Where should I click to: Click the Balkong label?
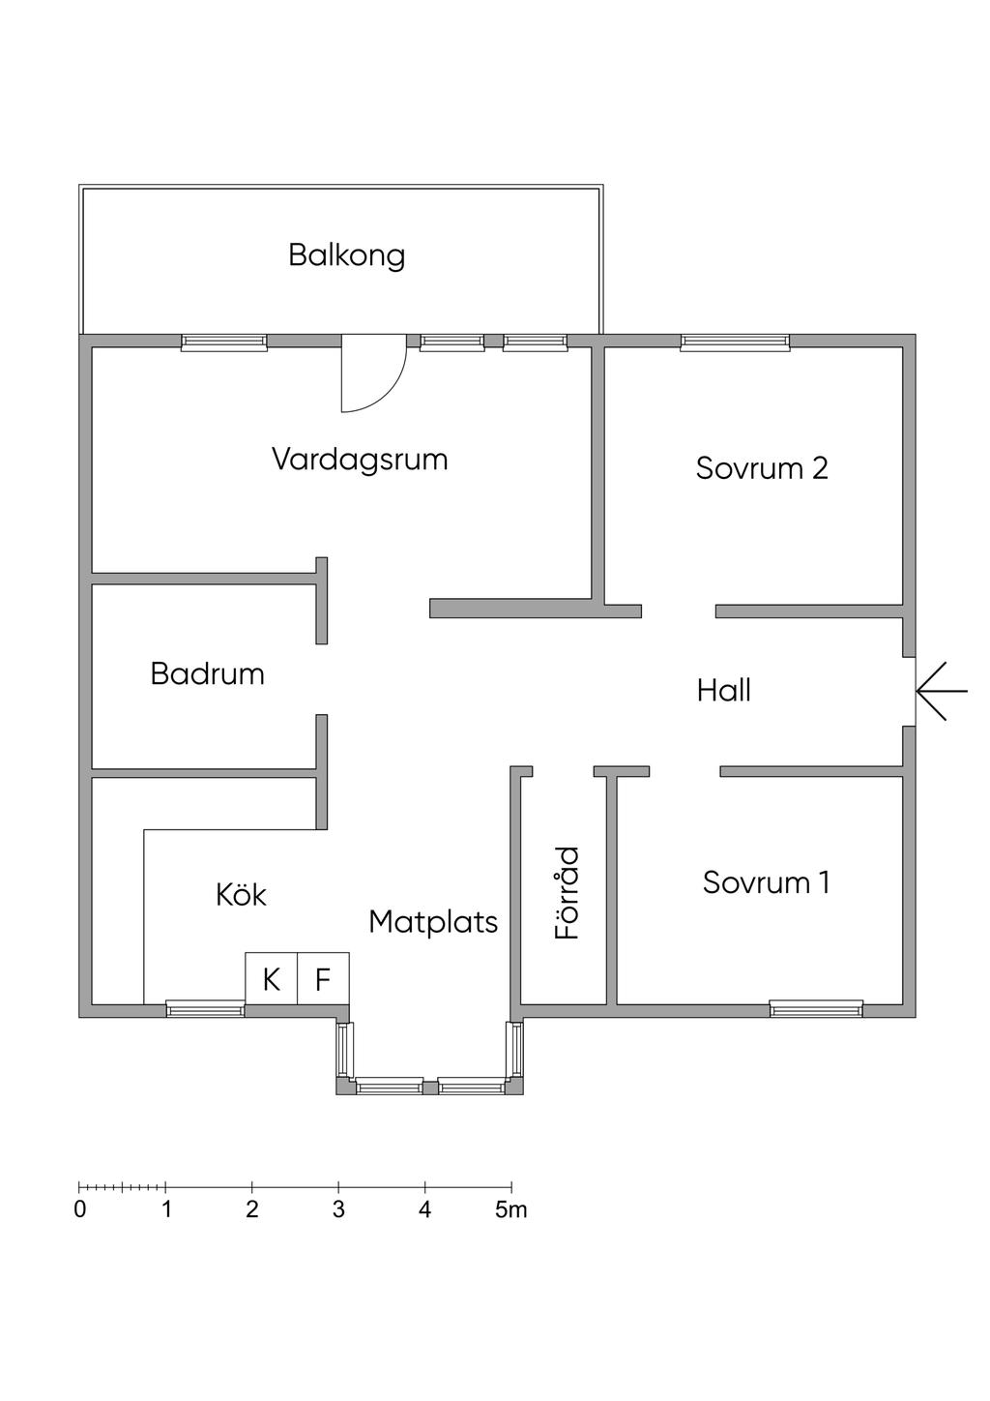coord(346,255)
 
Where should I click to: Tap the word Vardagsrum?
coord(360,459)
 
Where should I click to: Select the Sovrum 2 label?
coord(762,468)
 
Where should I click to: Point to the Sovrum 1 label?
coord(766,882)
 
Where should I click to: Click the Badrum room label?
coord(207,673)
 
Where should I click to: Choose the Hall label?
coord(723,691)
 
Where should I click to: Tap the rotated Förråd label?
coord(568,893)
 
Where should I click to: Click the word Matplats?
coord(433,922)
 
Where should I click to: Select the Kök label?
coord(241,895)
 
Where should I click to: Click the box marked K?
coord(271,979)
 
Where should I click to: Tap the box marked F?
coord(323,979)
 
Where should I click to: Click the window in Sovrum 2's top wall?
coord(735,342)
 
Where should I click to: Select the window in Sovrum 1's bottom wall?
coord(816,1009)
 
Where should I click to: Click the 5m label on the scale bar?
coord(511,1209)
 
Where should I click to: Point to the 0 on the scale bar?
coord(80,1209)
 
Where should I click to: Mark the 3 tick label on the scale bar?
coord(338,1209)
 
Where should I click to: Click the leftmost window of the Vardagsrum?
coord(224,342)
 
